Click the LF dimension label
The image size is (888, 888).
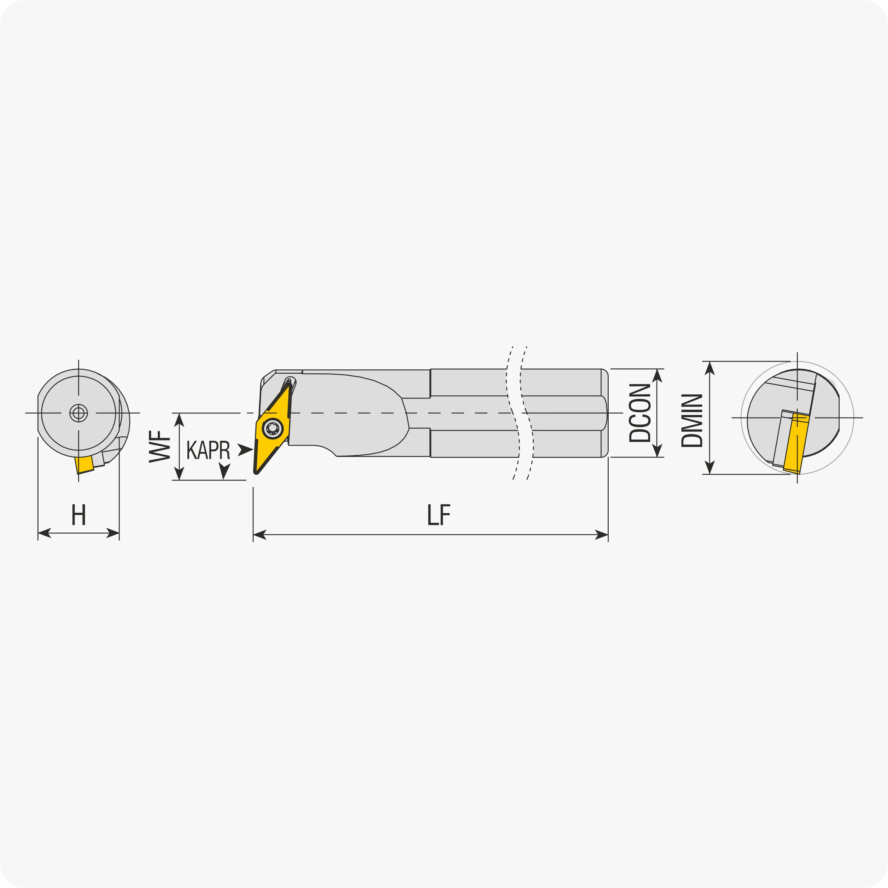pyautogui.click(x=439, y=515)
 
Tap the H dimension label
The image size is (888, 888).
pyautogui.click(x=79, y=515)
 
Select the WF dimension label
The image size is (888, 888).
pyautogui.click(x=160, y=446)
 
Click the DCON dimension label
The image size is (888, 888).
pyautogui.click(x=640, y=413)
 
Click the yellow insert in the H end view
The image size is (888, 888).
pyautogui.click(x=84, y=465)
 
